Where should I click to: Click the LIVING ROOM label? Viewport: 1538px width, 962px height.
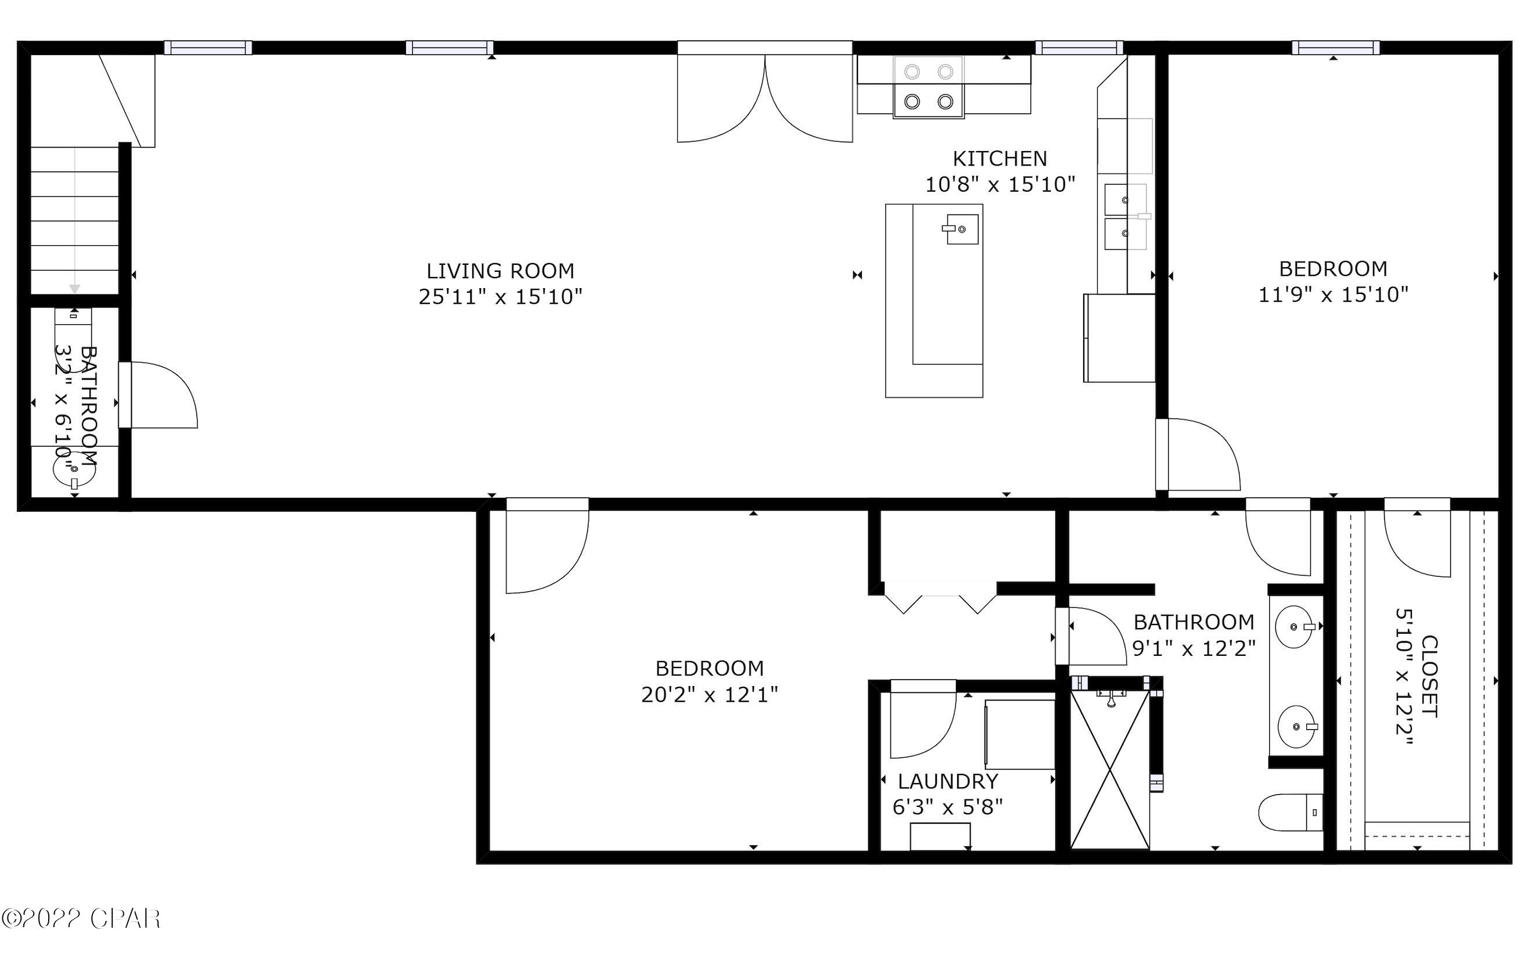(x=500, y=271)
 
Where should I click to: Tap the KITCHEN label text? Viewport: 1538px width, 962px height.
(x=999, y=159)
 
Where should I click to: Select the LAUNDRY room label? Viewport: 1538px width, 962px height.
(x=948, y=781)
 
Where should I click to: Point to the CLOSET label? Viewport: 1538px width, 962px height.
(x=1429, y=676)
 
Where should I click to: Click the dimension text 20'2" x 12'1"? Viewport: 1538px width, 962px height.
(x=709, y=694)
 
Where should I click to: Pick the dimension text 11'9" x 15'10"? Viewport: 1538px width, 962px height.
(x=1333, y=295)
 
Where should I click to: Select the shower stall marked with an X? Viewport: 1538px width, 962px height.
(x=1110, y=770)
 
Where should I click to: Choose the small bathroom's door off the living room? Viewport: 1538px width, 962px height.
(x=159, y=394)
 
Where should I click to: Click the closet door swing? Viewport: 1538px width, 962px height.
(x=1417, y=541)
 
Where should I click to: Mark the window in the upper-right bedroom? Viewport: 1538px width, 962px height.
(x=1336, y=48)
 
